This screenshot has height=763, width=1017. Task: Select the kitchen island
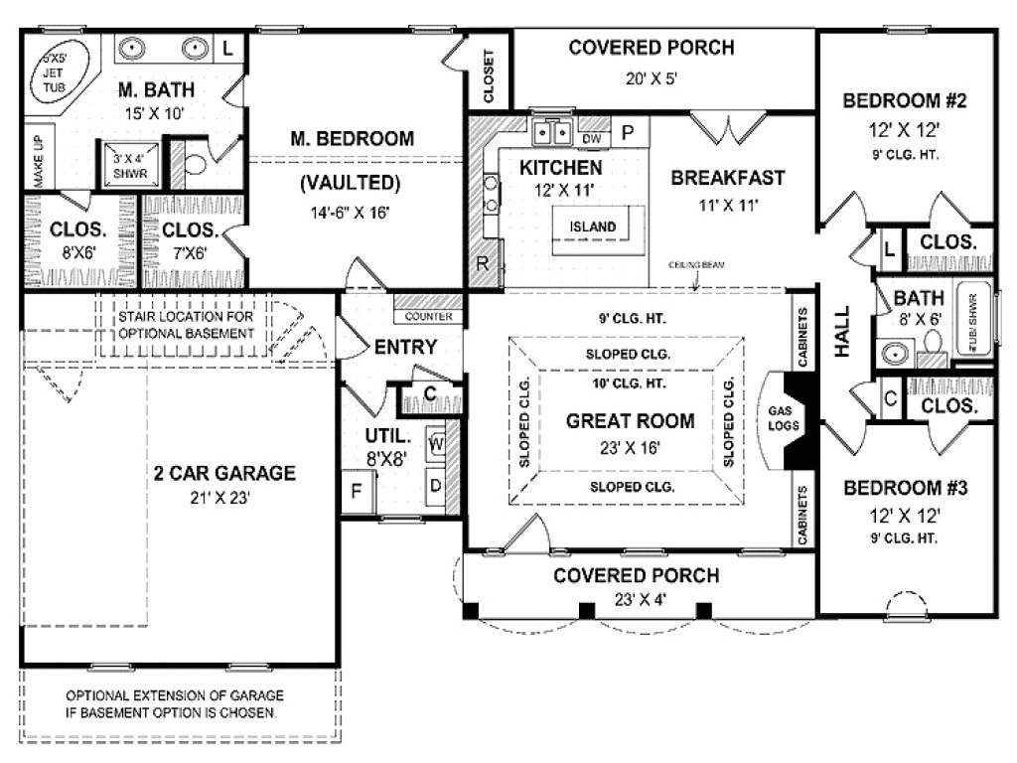[593, 227]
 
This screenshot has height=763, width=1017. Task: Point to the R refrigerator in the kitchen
[483, 263]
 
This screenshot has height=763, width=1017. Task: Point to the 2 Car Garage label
[224, 473]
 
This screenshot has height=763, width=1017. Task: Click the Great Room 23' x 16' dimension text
[617, 447]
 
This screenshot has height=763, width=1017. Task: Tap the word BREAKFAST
[727, 179]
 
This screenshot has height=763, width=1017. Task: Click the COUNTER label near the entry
[429, 317]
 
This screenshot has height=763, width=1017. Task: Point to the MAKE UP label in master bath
[38, 162]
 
